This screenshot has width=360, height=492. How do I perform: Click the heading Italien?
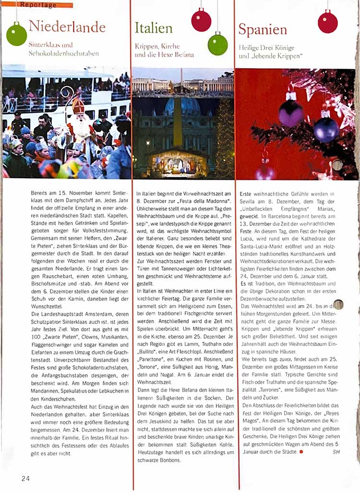[153, 28]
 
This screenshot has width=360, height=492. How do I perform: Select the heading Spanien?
[263, 29]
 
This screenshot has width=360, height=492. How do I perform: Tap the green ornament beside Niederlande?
[16, 35]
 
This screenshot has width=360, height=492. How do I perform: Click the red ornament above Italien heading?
[201, 20]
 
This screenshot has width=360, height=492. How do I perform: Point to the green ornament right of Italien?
[217, 44]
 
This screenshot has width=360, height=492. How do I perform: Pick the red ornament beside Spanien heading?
[327, 22]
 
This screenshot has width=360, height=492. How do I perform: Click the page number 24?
[25, 478]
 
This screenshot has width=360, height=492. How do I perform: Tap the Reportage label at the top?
[38, 5]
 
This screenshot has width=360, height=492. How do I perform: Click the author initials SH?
[336, 452]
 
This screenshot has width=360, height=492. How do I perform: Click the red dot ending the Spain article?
[301, 452]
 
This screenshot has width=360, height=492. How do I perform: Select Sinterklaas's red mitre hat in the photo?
[78, 105]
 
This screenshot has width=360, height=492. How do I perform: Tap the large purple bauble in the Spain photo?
[291, 113]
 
